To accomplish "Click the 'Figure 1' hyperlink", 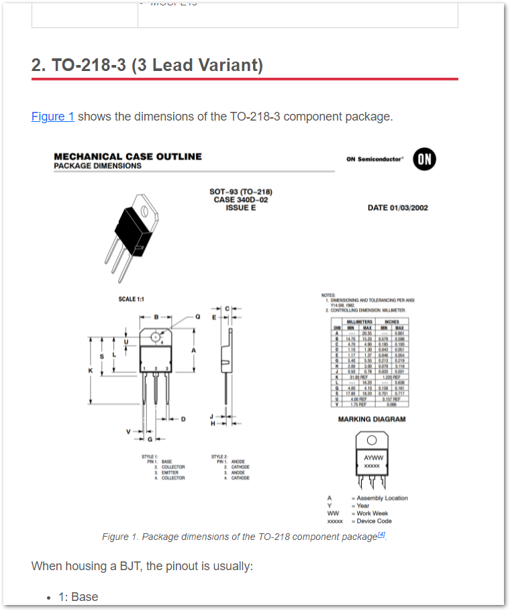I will pyautogui.click(x=52, y=117).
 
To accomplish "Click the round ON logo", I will pyautogui.click(x=424, y=159).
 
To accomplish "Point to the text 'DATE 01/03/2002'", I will pyautogui.click(x=397, y=208).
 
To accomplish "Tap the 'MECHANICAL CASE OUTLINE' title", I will pyautogui.click(x=127, y=156).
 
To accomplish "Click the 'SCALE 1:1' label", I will pyautogui.click(x=132, y=299).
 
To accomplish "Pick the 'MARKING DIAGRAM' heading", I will pyautogui.click(x=371, y=419).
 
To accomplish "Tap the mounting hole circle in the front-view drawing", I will pyautogui.click(x=156, y=336).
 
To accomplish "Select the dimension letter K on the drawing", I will pyautogui.click(x=90, y=370).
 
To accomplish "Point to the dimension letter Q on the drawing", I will pyautogui.click(x=197, y=316).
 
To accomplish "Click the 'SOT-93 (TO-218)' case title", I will pyautogui.click(x=241, y=192).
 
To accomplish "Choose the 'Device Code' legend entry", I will pyautogui.click(x=374, y=521).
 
